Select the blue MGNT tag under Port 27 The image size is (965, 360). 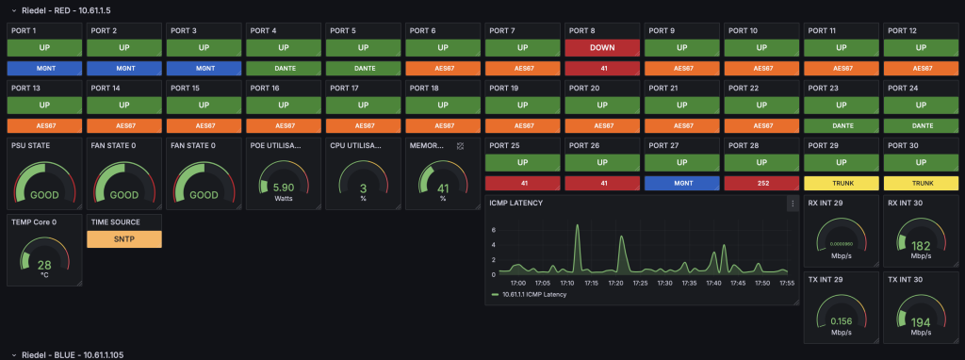(x=680, y=182)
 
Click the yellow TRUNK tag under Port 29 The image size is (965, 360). (x=839, y=182)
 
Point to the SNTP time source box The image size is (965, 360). (x=124, y=239)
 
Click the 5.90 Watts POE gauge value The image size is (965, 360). (x=283, y=188)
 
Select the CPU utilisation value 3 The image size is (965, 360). (x=363, y=188)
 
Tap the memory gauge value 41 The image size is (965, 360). (x=442, y=188)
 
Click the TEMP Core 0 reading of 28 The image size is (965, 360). (x=44, y=265)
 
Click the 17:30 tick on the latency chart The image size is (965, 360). (x=664, y=282)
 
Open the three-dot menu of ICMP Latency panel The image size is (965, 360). (x=792, y=203)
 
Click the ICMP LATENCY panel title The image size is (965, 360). (x=516, y=203)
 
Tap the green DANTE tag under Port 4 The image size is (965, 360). (x=283, y=68)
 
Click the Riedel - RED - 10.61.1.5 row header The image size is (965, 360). (x=66, y=8)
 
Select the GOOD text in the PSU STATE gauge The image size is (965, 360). (x=44, y=195)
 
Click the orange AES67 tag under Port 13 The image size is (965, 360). (x=44, y=124)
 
